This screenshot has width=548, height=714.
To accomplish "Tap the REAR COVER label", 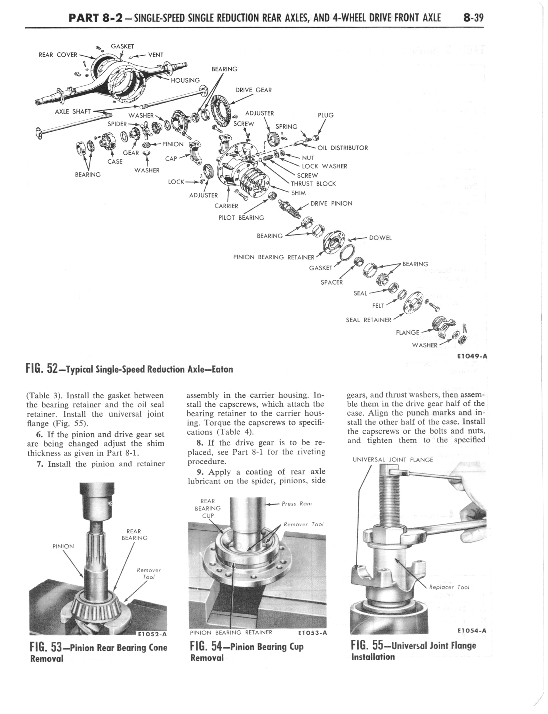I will [58, 55].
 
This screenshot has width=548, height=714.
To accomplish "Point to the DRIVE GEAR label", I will [253, 90].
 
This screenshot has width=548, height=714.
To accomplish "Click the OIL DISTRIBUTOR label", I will [342, 148].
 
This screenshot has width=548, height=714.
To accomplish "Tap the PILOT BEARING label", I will [241, 218].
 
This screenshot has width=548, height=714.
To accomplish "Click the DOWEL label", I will [380, 238].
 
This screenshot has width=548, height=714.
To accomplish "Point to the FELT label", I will [378, 306].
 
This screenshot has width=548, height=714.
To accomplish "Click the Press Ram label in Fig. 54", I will [297, 503].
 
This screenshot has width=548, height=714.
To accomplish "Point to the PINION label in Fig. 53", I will [63, 546].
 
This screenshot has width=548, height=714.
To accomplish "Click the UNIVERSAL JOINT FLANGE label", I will [393, 459].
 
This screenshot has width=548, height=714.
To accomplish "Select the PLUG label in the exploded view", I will [325, 115].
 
